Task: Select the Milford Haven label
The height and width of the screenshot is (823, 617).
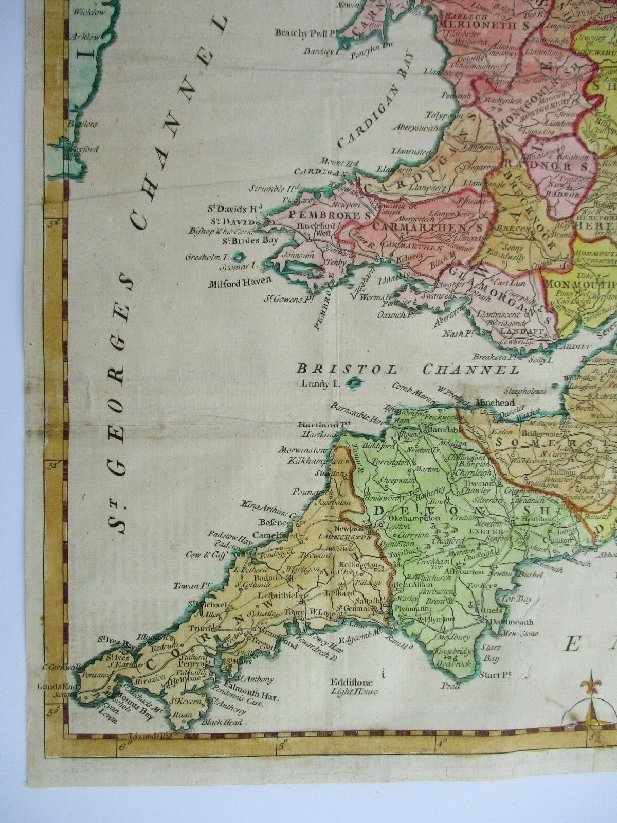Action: [233, 284]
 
